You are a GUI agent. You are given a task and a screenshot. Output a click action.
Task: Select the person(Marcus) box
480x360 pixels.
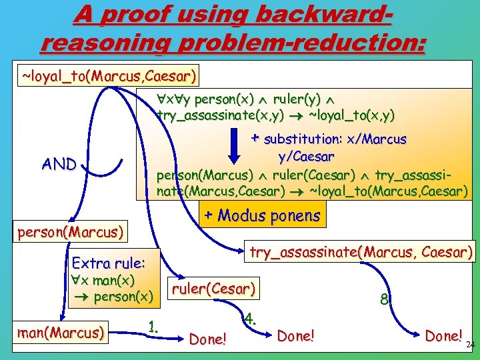point(71,233)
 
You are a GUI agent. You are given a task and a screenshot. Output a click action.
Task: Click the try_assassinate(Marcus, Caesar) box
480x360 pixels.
point(360,252)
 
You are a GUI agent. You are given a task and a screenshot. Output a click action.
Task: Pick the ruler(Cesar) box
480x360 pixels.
point(213,289)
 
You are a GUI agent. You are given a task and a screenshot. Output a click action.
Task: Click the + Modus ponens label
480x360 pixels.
point(261,215)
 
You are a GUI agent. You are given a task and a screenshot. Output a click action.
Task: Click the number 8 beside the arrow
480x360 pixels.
point(385,300)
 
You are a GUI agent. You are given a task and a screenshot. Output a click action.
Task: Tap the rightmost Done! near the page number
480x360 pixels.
point(443,336)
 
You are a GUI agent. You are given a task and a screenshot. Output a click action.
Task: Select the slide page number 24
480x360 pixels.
point(470,345)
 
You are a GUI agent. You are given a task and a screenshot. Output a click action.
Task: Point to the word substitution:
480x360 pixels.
point(304,139)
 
